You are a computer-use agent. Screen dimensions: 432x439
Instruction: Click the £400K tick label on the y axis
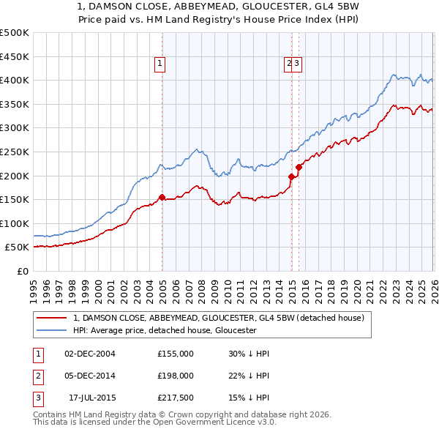(14, 81)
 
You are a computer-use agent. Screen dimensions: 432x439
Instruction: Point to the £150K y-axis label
(14, 199)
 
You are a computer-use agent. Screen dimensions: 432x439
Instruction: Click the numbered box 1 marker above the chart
(160, 64)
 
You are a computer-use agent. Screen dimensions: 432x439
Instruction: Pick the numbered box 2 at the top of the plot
(290, 64)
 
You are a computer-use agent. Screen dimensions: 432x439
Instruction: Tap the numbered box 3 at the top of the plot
(298, 64)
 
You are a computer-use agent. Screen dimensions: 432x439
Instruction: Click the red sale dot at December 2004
(161, 197)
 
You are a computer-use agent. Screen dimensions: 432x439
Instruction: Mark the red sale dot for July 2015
(299, 168)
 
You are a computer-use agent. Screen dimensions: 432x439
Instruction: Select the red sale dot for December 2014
(291, 176)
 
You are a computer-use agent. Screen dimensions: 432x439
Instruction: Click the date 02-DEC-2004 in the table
(90, 354)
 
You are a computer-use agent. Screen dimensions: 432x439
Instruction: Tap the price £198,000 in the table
(176, 376)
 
